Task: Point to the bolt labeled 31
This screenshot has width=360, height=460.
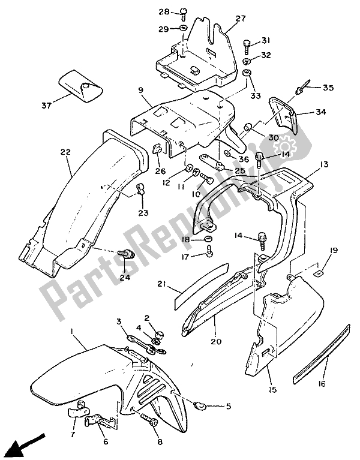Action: click(x=248, y=45)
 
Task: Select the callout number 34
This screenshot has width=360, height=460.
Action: click(x=322, y=112)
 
